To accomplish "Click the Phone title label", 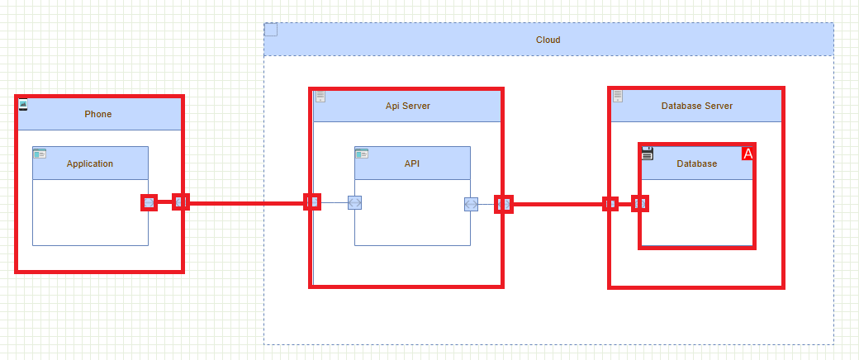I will pos(97,114).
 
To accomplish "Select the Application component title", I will pos(90,163).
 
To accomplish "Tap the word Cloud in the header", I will pos(548,40).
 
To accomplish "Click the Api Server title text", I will pos(407,106).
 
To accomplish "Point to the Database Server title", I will pos(696,106).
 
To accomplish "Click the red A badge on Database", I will pos(748,154).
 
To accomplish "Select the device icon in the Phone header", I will pos(24,104).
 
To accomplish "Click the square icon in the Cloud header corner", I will pos(271,31).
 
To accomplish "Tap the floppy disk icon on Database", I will pos(648,153).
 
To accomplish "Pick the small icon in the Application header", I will pos(40,154).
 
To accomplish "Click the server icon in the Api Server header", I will pos(320,97).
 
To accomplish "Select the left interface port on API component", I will pos(355,202).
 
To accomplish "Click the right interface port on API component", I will pos(471,204).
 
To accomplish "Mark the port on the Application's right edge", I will pos(149,202).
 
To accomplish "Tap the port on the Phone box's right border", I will pos(181,201).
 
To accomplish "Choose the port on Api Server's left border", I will pos(313,201).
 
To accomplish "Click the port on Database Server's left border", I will pos(610,203).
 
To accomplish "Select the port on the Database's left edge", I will pos(640,203).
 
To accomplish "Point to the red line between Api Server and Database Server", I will pos(558,204).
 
